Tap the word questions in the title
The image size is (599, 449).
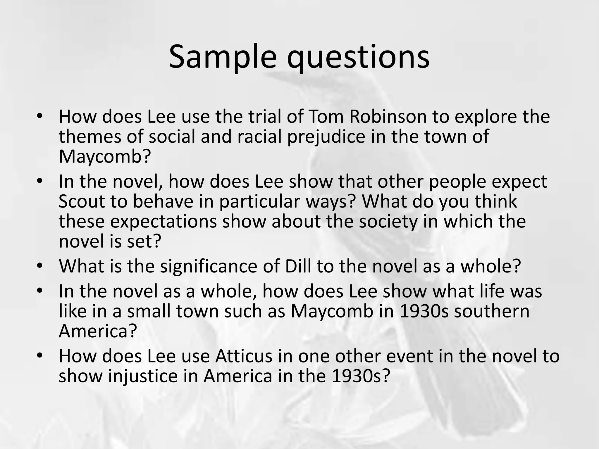coord(358,57)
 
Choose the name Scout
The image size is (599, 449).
coord(82,202)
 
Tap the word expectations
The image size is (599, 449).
coord(163,222)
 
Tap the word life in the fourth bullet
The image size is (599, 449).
coord(489,291)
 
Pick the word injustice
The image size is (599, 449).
coord(143,377)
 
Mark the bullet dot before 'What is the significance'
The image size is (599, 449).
coord(40,266)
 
